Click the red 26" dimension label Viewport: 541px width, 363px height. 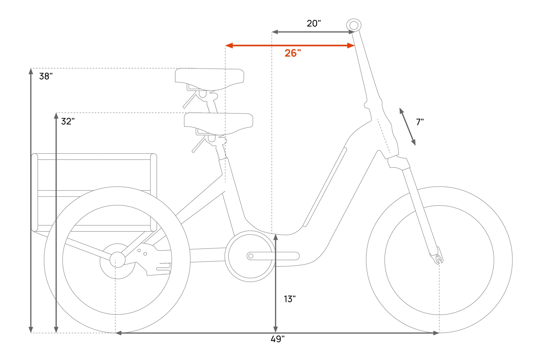pyautogui.click(x=293, y=53)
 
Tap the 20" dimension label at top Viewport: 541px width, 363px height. pyautogui.click(x=314, y=24)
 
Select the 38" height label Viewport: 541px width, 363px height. pyautogui.click(x=46, y=76)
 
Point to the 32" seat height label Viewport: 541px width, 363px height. pyautogui.click(x=68, y=121)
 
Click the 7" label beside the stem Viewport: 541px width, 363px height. pyautogui.click(x=420, y=122)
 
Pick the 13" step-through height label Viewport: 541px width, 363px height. pyautogui.click(x=290, y=299)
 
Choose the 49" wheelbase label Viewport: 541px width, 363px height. pyautogui.click(x=278, y=339)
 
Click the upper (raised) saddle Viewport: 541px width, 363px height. pyautogui.click(x=210, y=79)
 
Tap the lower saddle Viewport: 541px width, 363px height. pyautogui.click(x=219, y=124)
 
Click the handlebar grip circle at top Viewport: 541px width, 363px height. pyautogui.click(x=354, y=25)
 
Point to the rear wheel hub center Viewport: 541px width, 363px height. pyautogui.click(x=117, y=260)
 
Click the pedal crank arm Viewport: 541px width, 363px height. pyautogui.click(x=273, y=256)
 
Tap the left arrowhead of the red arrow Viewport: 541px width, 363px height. pyautogui.click(x=229, y=45)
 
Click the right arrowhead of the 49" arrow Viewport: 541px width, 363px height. pyautogui.click(x=436, y=333)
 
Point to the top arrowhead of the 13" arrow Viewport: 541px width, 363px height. pyautogui.click(x=275, y=237)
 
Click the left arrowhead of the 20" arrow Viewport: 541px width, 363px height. pyautogui.click(x=275, y=32)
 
